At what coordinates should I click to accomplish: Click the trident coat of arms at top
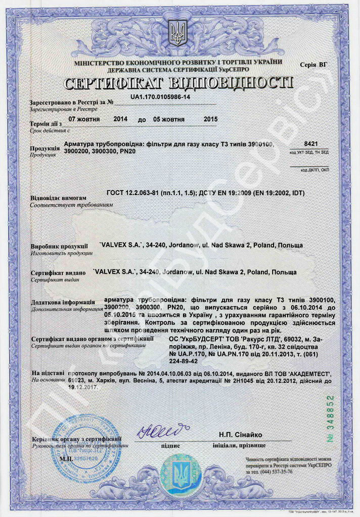177,33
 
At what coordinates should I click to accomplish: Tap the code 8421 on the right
311,144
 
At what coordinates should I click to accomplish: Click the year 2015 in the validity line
210,119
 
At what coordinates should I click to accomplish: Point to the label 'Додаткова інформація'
62,302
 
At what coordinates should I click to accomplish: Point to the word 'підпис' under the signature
170,446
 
